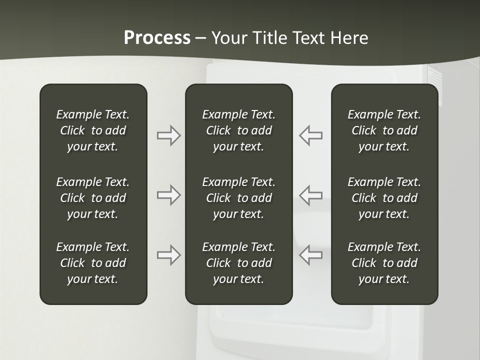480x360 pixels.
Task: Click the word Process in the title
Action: pos(157,38)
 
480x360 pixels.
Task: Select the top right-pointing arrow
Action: pos(168,135)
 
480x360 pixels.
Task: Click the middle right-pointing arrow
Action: pos(168,195)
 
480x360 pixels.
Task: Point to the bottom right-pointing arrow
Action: pos(168,254)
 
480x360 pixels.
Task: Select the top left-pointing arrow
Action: pos(311,135)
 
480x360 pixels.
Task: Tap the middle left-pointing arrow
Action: pos(311,195)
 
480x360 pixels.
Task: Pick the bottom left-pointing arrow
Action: pos(311,254)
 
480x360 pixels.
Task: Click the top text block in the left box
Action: pos(93,130)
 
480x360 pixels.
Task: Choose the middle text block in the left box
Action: pos(93,198)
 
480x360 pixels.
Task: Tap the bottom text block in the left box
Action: pos(93,263)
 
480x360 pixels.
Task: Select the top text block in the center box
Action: pos(238,130)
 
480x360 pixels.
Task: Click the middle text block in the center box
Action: pos(238,198)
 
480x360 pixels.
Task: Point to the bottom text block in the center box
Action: pos(238,263)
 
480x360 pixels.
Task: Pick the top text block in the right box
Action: pos(384,130)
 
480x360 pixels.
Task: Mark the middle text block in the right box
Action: pos(384,198)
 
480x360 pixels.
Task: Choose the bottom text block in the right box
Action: pos(384,263)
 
